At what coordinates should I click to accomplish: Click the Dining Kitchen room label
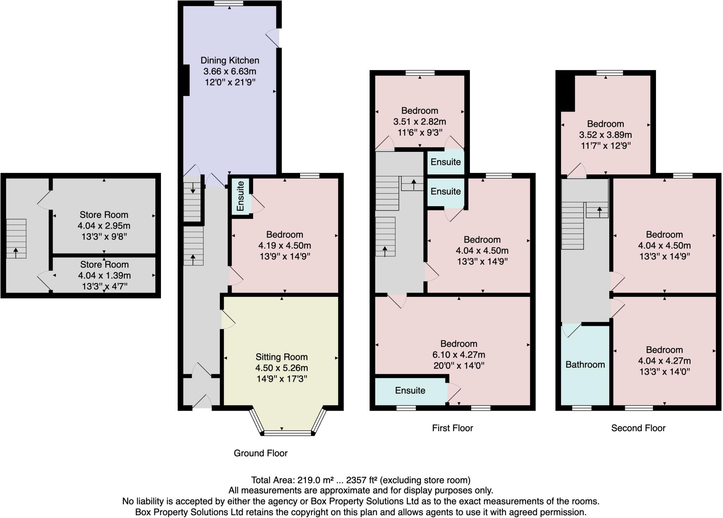(x=230, y=60)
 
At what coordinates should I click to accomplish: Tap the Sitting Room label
(x=281, y=357)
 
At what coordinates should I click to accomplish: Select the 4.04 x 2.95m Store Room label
(x=104, y=215)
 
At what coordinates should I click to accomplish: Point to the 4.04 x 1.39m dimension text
(x=104, y=275)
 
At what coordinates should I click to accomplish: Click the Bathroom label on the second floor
(x=585, y=364)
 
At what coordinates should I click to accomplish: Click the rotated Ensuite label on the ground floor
(x=240, y=196)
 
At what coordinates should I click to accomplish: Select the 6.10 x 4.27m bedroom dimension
(x=459, y=355)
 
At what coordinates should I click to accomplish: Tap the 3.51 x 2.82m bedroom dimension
(x=419, y=122)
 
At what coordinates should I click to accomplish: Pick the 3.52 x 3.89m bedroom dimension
(x=605, y=135)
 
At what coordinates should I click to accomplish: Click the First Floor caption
(x=452, y=428)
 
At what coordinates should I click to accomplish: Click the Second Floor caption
(x=638, y=428)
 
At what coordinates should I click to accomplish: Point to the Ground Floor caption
(x=261, y=453)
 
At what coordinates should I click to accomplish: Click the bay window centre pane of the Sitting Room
(x=288, y=433)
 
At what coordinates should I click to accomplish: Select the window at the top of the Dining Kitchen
(x=229, y=3)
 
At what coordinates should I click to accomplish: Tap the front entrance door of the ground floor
(x=202, y=404)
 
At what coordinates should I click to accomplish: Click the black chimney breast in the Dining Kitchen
(x=186, y=80)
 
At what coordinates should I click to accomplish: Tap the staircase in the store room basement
(x=16, y=238)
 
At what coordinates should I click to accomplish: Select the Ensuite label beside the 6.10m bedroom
(x=410, y=390)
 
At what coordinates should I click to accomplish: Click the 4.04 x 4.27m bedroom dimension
(x=664, y=361)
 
